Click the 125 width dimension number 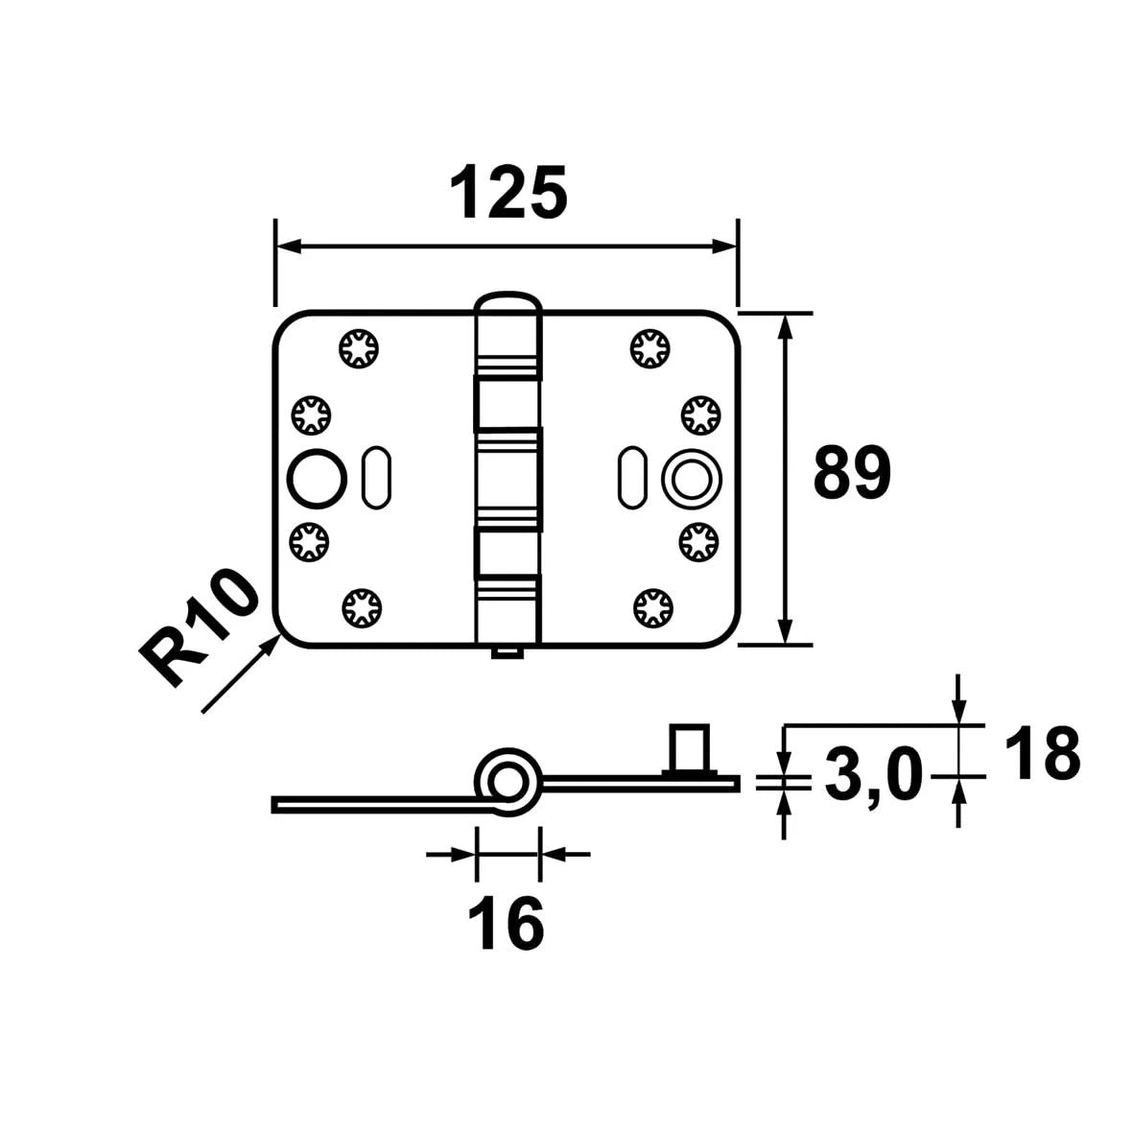pyautogui.click(x=507, y=192)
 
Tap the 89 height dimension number pyautogui.click(x=852, y=473)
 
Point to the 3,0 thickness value pyautogui.click(x=874, y=774)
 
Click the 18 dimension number pyautogui.click(x=1042, y=753)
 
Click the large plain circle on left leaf pyautogui.click(x=318, y=479)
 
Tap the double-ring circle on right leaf pyautogui.click(x=692, y=479)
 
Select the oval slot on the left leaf pyautogui.click(x=376, y=478)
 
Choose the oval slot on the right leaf pyautogui.click(x=633, y=478)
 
